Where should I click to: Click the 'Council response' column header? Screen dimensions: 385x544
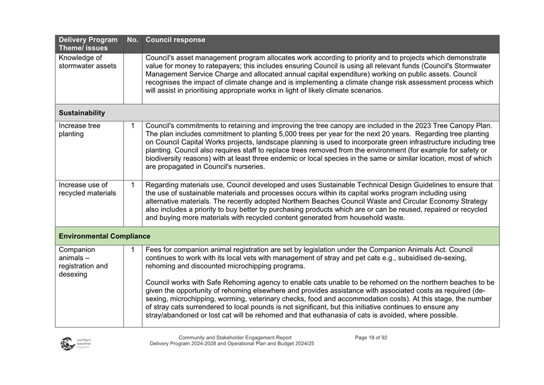pyautogui.click(x=175, y=40)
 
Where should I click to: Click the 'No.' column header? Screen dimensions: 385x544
pyautogui.click(x=132, y=40)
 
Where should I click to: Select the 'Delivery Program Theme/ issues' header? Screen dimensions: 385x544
pyautogui.click(x=88, y=44)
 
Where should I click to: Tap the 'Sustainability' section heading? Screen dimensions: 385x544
pyautogui.click(x=82, y=113)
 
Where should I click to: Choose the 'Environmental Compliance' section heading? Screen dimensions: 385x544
pyautogui.click(x=104, y=236)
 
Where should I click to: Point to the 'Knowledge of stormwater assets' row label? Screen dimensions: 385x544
pyautogui.click(x=80, y=62)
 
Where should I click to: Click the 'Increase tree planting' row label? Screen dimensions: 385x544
pyautogui.click(x=80, y=130)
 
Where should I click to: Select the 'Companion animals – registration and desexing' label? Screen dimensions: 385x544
pyautogui.click(x=83, y=262)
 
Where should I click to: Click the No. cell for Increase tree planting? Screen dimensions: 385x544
pyautogui.click(x=133, y=126)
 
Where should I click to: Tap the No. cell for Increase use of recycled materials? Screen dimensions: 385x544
pyautogui.click(x=133, y=185)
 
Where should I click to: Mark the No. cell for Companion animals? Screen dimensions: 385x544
pyautogui.click(x=133, y=250)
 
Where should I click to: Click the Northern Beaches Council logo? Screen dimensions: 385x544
pyautogui.click(x=76, y=343)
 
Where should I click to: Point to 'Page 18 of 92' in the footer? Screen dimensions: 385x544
pyautogui.click(x=371, y=338)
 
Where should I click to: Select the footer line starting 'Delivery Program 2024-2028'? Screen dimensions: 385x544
pyautogui.click(x=232, y=345)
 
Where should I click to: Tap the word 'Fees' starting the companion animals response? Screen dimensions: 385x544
pyautogui.click(x=154, y=249)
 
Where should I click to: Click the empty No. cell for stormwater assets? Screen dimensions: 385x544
pyautogui.click(x=133, y=79)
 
